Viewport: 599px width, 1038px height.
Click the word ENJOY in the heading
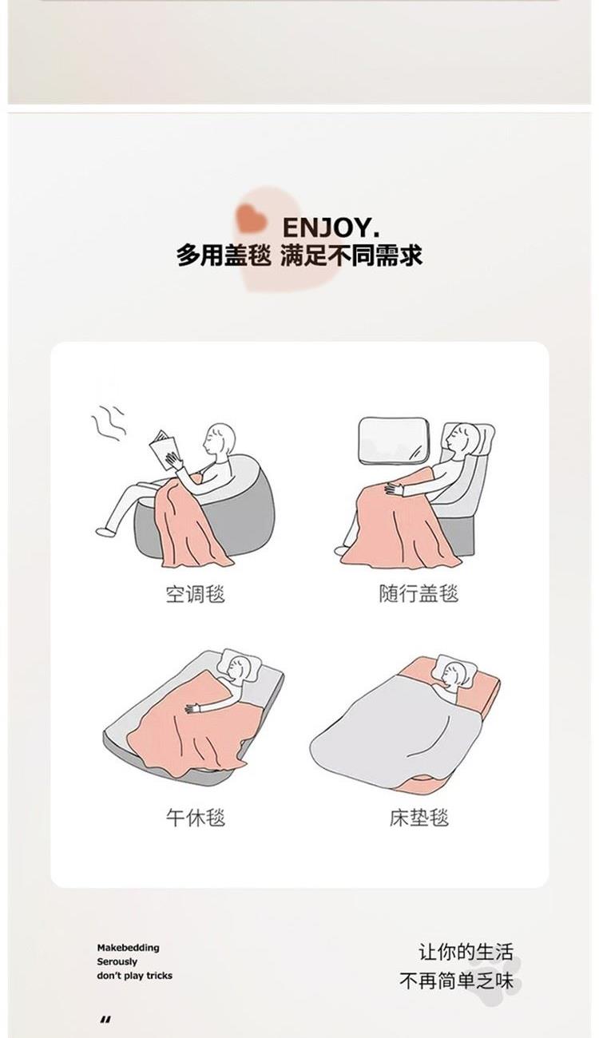coord(327,228)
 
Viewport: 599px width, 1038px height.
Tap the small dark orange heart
coord(250,218)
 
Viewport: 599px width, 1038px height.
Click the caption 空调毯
coord(195,594)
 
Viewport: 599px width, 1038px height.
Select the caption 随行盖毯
coord(419,593)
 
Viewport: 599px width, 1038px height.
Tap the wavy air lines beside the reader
coord(108,423)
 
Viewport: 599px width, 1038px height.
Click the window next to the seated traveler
coord(394,440)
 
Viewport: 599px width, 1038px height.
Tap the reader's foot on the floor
coord(105,532)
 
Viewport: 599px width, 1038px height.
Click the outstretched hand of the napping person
coord(194,708)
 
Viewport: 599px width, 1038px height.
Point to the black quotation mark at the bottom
coord(105,1020)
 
